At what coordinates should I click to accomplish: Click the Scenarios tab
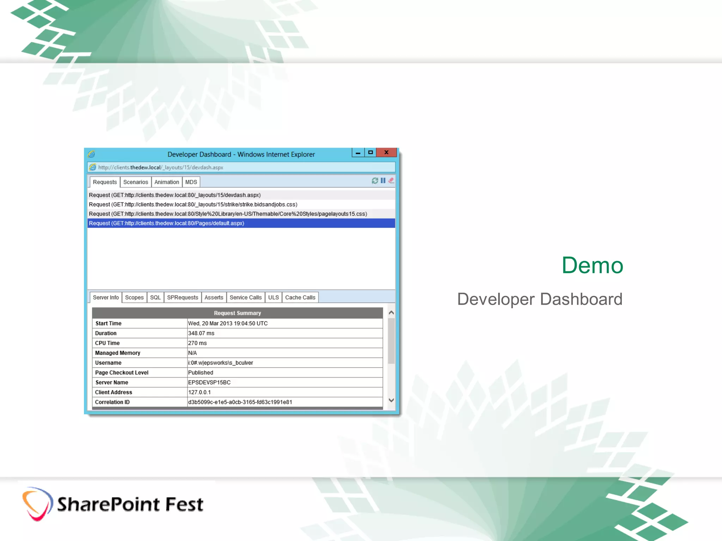tap(135, 182)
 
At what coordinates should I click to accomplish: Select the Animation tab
tap(166, 182)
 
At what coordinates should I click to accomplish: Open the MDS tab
tap(191, 182)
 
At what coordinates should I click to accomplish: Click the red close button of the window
tap(386, 153)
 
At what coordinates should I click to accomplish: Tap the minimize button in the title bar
tap(358, 153)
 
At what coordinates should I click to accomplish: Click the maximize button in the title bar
tap(370, 153)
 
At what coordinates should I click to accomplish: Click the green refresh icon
tap(375, 181)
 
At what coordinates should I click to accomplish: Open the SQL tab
tap(155, 298)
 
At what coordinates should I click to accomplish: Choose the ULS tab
tap(273, 298)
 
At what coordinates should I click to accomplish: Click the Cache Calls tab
tap(300, 298)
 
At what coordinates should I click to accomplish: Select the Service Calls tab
tap(245, 298)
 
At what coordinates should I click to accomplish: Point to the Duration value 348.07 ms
tap(201, 333)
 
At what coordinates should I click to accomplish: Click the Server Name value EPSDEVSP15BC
tap(209, 383)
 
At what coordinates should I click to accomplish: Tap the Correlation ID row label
tap(112, 402)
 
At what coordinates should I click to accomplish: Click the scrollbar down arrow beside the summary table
tap(391, 400)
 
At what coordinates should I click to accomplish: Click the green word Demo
tap(592, 265)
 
